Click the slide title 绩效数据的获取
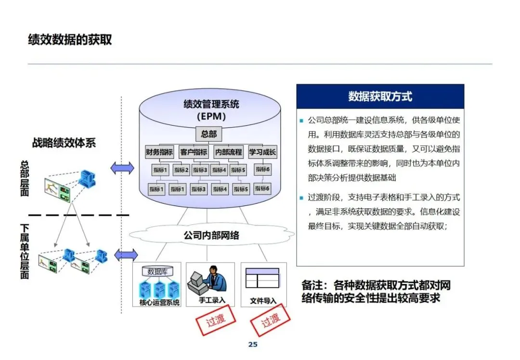point(70,39)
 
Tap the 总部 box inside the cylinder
point(208,134)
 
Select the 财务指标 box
point(159,152)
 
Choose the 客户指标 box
point(194,152)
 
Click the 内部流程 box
point(229,152)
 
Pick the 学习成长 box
point(262,152)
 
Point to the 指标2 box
point(181,170)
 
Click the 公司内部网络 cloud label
point(211,235)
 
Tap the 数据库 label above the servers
point(157,272)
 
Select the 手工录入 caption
point(212,300)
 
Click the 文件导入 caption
point(263,301)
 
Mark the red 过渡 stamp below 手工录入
point(216,320)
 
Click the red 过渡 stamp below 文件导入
point(270,321)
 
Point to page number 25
point(253,345)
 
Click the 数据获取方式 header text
point(380,96)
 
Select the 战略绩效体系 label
point(64,143)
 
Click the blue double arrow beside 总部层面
point(122,168)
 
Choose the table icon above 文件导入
point(262,278)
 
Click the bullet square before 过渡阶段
point(301,198)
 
